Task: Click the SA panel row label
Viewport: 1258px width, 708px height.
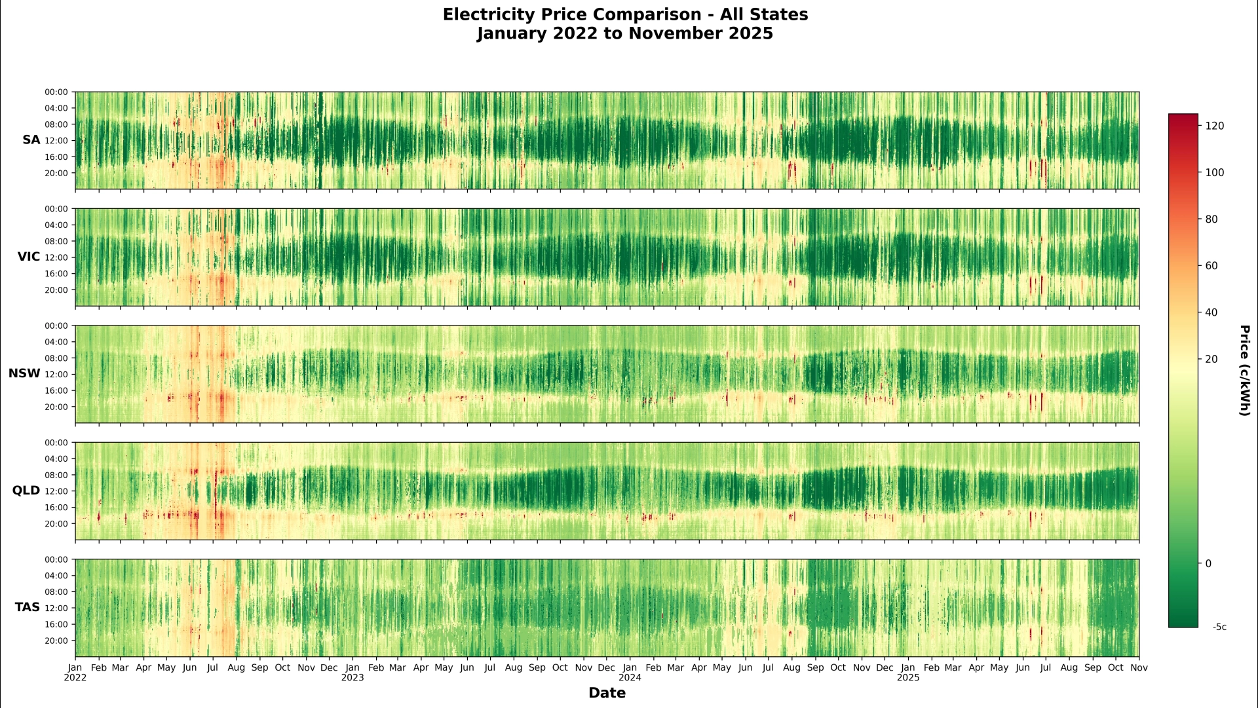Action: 31,140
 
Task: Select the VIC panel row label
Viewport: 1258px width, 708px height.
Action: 29,257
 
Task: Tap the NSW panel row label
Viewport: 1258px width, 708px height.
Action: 24,373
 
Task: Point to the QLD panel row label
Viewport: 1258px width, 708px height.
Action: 26,491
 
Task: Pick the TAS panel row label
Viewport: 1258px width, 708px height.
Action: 28,607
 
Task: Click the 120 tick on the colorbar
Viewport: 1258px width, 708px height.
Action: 1215,126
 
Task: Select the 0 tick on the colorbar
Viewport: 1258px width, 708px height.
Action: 1209,563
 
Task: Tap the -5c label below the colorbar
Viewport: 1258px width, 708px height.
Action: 1219,627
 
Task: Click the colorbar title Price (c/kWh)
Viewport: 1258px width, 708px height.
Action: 1244,371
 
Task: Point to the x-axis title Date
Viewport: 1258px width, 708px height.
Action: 607,693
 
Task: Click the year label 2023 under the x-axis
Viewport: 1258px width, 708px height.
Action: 353,678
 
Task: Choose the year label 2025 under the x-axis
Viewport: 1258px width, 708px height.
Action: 908,678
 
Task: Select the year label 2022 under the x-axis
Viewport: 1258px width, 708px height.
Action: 75,678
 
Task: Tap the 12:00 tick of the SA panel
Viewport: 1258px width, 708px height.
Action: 56,141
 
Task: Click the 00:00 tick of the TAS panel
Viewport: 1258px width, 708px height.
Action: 56,560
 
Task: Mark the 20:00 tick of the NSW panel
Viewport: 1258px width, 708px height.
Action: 56,407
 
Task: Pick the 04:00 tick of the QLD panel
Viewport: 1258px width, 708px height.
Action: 56,459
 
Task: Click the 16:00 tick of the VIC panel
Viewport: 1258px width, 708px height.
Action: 56,274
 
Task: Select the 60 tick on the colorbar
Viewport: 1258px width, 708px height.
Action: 1211,266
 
